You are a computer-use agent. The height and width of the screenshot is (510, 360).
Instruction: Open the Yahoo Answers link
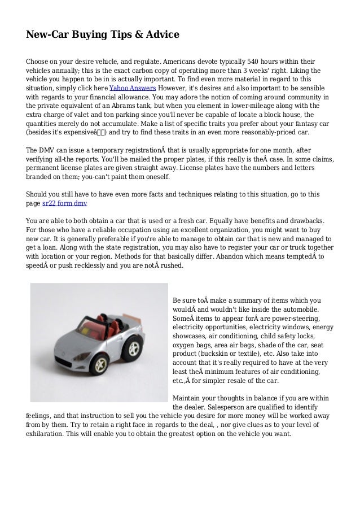click(x=133, y=89)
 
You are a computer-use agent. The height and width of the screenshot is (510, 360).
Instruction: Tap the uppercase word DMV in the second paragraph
click(x=50, y=151)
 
